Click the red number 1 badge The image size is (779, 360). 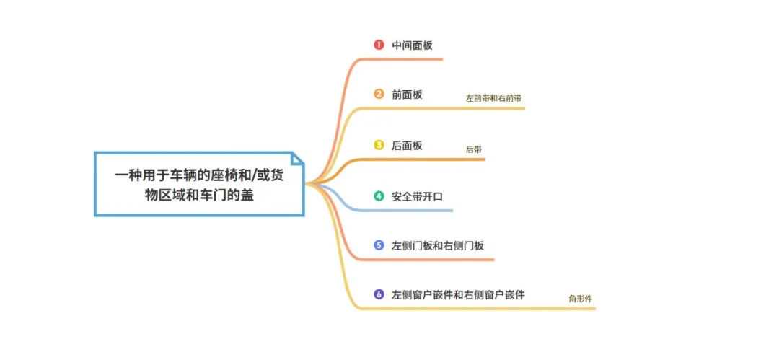click(x=379, y=45)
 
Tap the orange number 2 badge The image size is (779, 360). click(x=379, y=94)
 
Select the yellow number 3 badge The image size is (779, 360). click(x=379, y=145)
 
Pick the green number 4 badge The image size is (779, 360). click(x=379, y=196)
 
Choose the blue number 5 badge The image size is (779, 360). click(x=379, y=245)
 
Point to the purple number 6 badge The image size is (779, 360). click(x=379, y=294)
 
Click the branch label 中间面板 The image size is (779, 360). click(x=413, y=45)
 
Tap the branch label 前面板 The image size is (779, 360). click(x=407, y=95)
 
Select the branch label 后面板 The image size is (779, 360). click(x=407, y=145)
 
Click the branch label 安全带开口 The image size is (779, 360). click(x=418, y=196)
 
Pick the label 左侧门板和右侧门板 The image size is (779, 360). click(x=438, y=245)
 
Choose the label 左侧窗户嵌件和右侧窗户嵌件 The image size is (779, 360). click(x=458, y=295)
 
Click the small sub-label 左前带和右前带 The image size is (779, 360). click(x=494, y=98)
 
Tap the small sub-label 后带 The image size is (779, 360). click(x=474, y=149)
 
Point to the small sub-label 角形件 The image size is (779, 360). click(x=580, y=299)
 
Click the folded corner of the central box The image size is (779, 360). click(x=297, y=158)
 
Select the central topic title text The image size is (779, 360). click(x=199, y=185)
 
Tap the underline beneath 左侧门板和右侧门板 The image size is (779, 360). click(x=427, y=260)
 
